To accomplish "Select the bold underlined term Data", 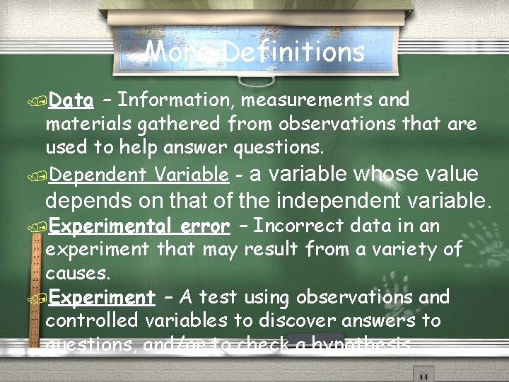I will [72, 100].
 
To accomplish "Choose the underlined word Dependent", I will [98, 174].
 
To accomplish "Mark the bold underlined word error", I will [205, 226].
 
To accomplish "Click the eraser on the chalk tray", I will [311, 342].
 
